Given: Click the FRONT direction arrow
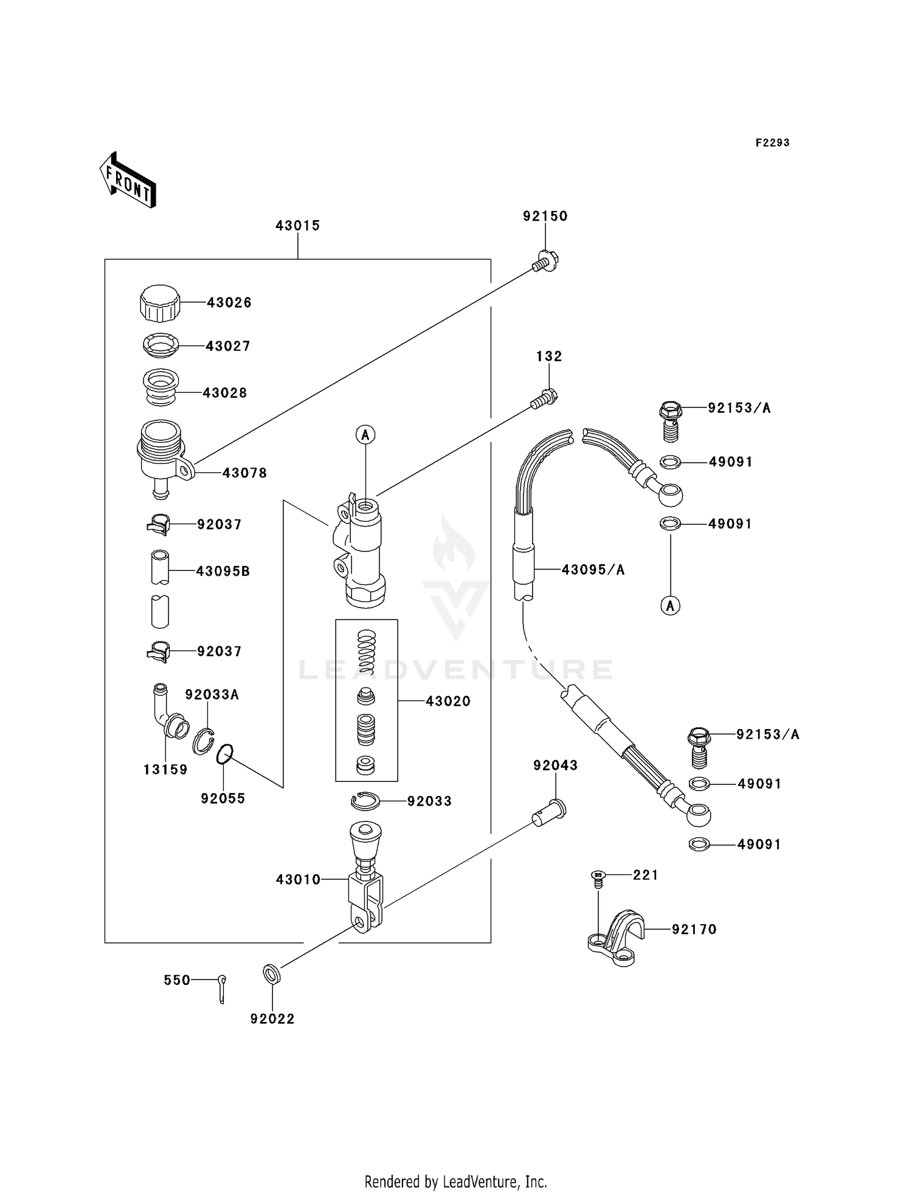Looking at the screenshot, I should (x=128, y=181).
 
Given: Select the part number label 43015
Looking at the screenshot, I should (x=297, y=226).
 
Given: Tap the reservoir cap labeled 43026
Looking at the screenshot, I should (x=160, y=303).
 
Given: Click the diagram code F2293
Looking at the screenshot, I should (x=772, y=143).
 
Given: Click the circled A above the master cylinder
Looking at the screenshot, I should (x=365, y=435).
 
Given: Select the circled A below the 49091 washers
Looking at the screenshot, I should (x=670, y=606).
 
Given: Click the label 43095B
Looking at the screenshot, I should (x=223, y=572).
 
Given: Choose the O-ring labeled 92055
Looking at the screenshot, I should (x=224, y=755).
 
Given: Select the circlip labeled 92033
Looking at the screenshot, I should (x=365, y=801).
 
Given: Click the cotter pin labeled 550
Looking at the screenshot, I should (x=222, y=989).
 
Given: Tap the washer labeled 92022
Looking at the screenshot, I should (x=272, y=974).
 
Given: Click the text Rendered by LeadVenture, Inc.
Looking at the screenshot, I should (x=455, y=1181).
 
